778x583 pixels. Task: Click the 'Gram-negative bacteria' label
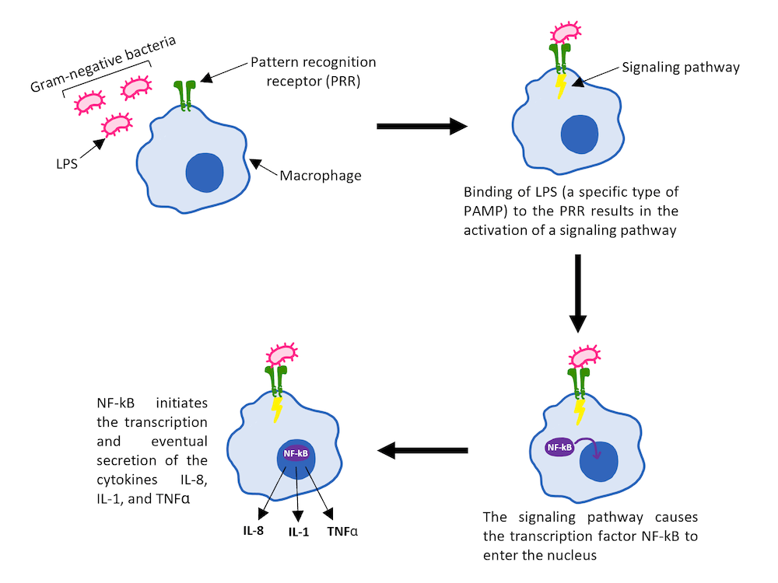click(102, 62)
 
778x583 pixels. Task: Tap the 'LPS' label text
click(65, 165)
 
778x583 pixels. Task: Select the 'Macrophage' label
click(321, 176)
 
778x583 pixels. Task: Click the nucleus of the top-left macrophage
click(205, 172)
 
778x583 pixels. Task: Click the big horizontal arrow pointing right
click(420, 127)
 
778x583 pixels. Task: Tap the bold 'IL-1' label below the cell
click(298, 533)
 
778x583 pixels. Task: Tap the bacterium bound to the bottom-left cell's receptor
click(282, 355)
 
